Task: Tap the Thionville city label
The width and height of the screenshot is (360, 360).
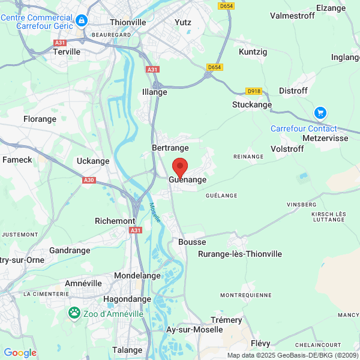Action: (x=128, y=22)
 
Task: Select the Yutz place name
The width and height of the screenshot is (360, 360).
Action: (x=182, y=22)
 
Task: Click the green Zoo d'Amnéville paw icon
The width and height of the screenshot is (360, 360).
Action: (x=74, y=312)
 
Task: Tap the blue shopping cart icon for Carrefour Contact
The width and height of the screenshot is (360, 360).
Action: (x=320, y=113)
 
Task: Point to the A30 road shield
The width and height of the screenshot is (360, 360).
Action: (x=89, y=180)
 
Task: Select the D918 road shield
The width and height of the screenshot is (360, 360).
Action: (x=254, y=91)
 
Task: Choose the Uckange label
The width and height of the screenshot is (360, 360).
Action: (x=93, y=161)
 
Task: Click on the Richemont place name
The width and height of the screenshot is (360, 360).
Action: (x=115, y=221)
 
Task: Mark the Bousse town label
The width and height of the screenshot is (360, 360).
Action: (x=192, y=242)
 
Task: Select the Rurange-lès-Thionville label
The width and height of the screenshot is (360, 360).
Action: (x=239, y=254)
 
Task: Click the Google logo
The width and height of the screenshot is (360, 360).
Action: (x=20, y=353)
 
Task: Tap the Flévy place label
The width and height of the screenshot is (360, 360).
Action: (x=260, y=344)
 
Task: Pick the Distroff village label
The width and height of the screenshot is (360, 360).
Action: (x=293, y=91)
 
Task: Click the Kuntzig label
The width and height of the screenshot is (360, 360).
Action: (x=253, y=52)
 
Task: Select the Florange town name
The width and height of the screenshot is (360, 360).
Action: (x=40, y=119)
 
